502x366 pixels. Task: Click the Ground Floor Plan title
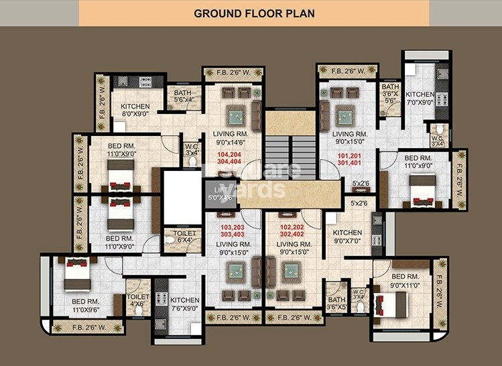[x=254, y=13]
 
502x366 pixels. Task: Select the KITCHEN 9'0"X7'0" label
[x=347, y=237]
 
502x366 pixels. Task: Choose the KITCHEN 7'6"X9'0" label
[x=184, y=304]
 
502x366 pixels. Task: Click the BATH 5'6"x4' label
[x=182, y=97]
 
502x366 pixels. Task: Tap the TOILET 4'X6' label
[x=138, y=300]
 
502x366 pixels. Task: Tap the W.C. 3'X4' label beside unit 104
[x=192, y=149]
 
